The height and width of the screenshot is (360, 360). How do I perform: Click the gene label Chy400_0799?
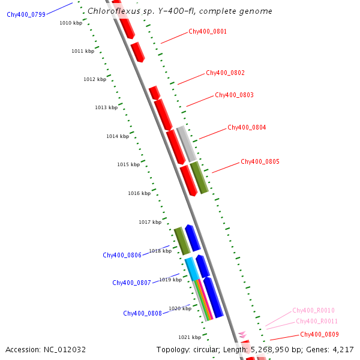pos(26,14)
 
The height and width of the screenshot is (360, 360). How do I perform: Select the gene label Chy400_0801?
pos(208,31)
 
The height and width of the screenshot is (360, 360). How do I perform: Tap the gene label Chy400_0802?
pos(226,73)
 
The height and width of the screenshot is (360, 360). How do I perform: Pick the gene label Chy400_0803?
pos(234,95)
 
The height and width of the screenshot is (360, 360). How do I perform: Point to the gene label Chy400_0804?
pos(247,127)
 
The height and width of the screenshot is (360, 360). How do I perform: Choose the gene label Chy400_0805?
pos(260,161)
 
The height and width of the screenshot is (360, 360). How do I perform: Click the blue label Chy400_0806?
pos(122,255)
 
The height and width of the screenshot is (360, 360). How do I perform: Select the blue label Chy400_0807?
pos(131,283)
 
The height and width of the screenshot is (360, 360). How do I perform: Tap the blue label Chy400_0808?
pos(142,313)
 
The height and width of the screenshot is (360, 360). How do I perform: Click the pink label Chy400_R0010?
pos(313,310)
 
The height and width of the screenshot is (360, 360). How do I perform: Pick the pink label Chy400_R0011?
pos(317,321)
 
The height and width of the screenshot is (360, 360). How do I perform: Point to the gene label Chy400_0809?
pos(319,334)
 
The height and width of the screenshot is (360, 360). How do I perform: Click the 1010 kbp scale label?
pos(71,23)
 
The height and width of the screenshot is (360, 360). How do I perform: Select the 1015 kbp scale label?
pos(128,164)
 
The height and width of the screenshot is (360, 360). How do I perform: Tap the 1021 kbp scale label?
pos(190,337)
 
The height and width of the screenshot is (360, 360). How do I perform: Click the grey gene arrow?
pos(186,143)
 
